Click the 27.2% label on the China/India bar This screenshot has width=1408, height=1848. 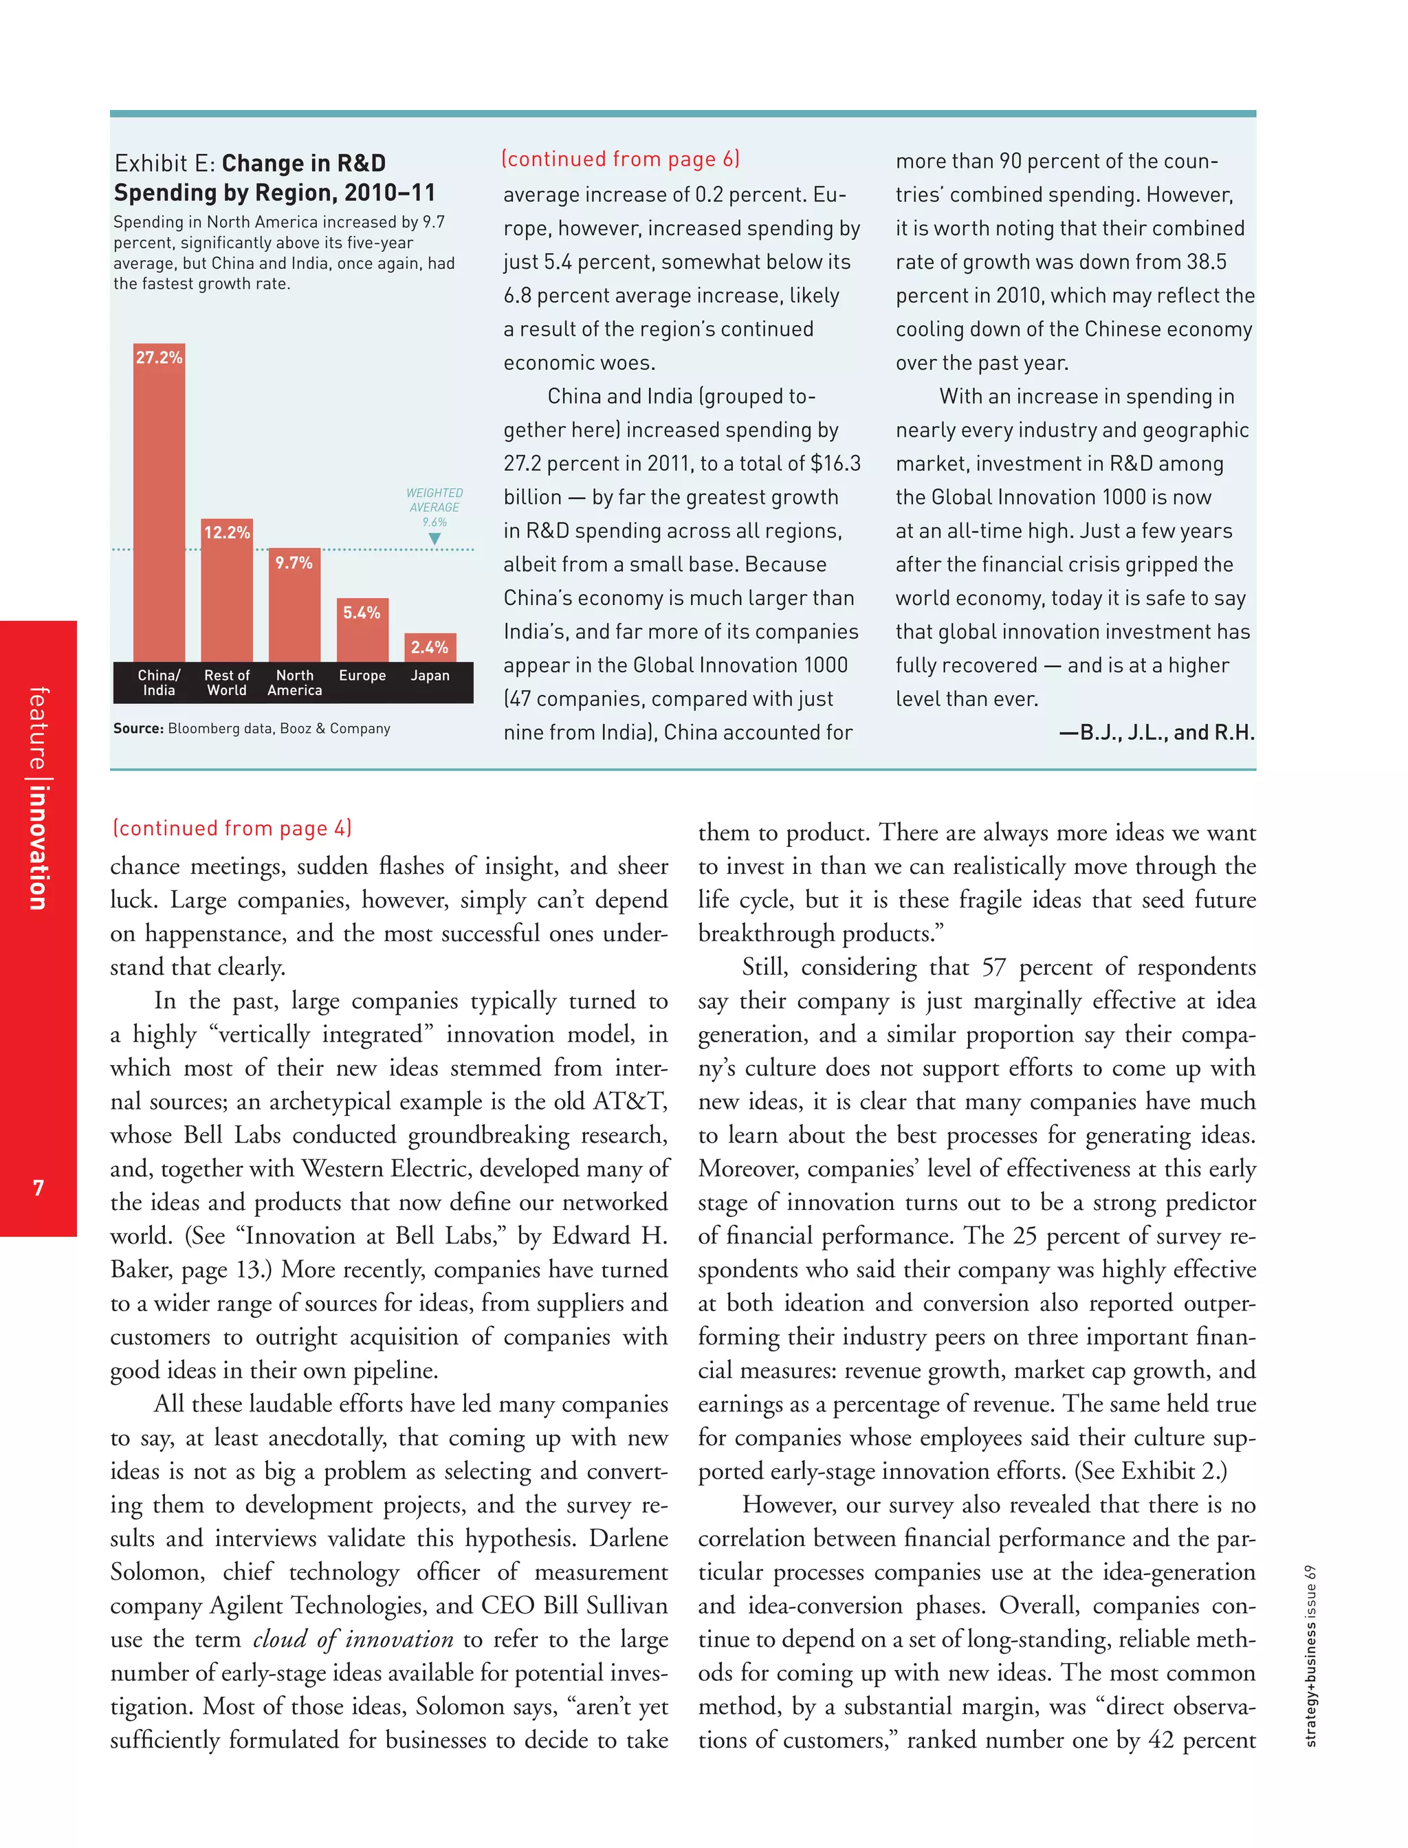[x=159, y=357]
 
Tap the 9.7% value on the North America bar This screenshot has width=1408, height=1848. [x=294, y=562]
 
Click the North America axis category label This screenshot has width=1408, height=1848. [x=294, y=682]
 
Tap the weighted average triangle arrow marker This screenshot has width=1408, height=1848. [x=434, y=539]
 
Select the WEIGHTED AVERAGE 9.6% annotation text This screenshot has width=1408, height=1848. [x=434, y=506]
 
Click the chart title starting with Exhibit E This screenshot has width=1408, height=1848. [x=275, y=177]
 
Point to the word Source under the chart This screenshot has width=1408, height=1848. [x=138, y=728]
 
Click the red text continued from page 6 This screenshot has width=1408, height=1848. [x=620, y=159]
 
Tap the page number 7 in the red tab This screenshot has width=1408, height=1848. [x=38, y=1187]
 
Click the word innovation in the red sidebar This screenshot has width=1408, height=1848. [x=38, y=847]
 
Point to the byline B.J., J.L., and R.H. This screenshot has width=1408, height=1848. [x=1156, y=732]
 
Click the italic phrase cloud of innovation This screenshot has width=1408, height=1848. [x=353, y=1638]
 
